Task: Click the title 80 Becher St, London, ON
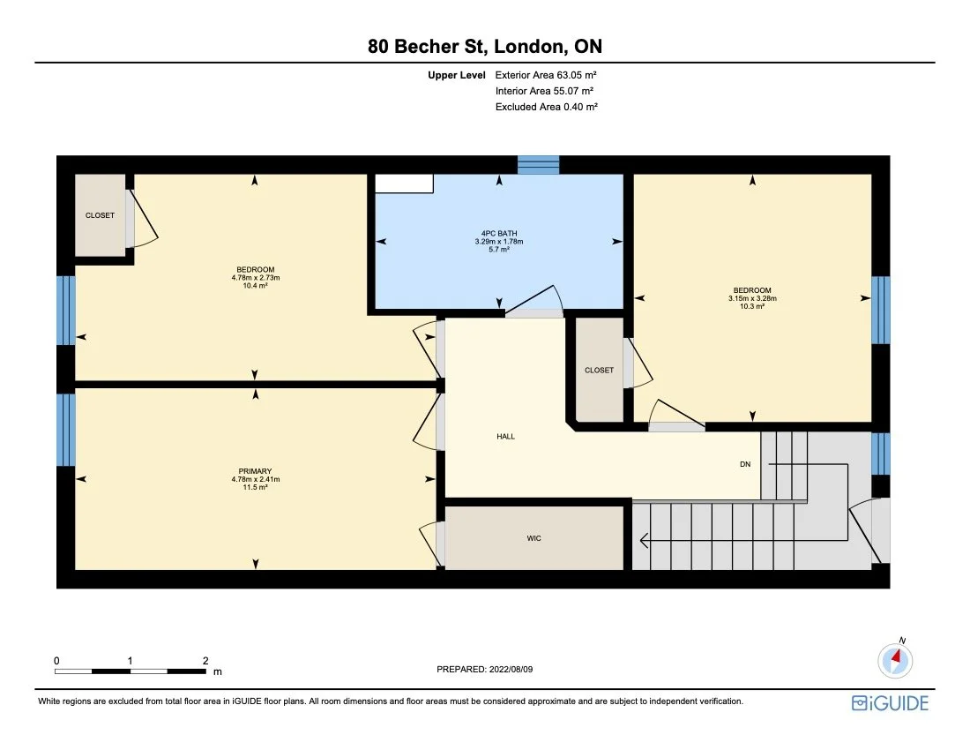(485, 46)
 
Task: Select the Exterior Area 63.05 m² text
(552, 76)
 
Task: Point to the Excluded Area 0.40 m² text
(547, 107)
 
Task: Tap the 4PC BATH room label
(499, 234)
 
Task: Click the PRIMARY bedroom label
(255, 471)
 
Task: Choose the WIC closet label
(533, 538)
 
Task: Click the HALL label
(505, 437)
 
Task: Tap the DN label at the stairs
(745, 464)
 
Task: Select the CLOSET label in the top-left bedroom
(100, 215)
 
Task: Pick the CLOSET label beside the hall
(599, 371)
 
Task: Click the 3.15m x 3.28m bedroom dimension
(752, 298)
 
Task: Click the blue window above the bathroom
(538, 165)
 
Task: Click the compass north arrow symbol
(896, 658)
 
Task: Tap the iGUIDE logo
(890, 703)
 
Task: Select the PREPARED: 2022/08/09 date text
(485, 670)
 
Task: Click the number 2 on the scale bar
(205, 660)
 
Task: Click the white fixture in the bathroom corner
(404, 183)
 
